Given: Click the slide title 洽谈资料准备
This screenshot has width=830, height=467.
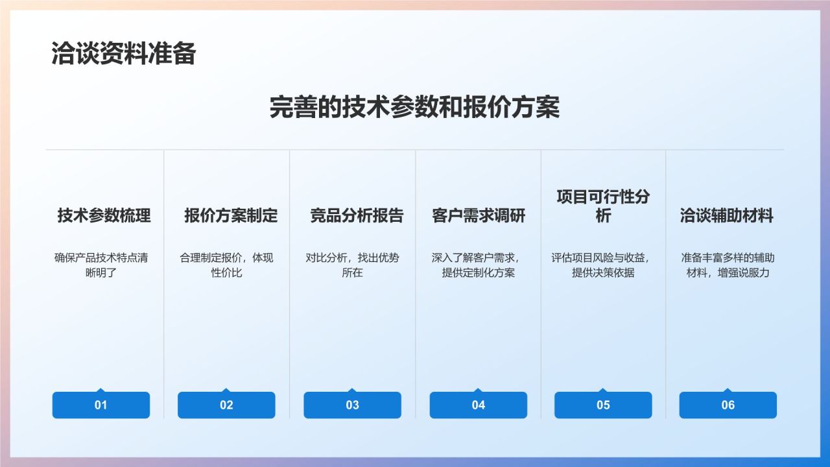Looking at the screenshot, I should pos(123,54).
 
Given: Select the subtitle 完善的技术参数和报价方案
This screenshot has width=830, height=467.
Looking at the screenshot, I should pos(414,108).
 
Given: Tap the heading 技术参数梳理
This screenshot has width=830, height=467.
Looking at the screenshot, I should pos(104,215).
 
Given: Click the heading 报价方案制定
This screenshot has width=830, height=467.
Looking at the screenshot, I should pos(230,215).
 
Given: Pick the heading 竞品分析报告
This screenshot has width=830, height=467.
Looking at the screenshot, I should pos(356,215).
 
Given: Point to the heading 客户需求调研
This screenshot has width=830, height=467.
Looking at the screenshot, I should pos(479,215).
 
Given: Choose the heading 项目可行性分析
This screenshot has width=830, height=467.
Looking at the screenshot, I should pos(602,206).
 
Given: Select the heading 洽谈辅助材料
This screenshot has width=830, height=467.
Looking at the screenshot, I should pos(726,215).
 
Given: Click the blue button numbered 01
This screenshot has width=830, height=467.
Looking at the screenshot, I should pos(101,405).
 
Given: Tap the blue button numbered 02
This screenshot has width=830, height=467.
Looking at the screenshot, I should pos(226,405).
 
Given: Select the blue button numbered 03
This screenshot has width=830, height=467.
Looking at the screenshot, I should pos(352,405).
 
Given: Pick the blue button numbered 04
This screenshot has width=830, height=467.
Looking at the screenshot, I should pos(478,405).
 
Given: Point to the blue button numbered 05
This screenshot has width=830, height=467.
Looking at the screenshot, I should pos(603,405).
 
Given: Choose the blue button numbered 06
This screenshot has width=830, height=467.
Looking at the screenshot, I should pos(728,405).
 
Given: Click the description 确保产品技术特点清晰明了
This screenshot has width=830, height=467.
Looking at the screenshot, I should pos(101,265).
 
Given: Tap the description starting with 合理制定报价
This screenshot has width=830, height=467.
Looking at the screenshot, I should pos(226,265).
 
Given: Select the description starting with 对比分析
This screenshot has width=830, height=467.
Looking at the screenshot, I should pos(352,265).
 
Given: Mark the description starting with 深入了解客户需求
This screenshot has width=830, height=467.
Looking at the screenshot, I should pos(478,265).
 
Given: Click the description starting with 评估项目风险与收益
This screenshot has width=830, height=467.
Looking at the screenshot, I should pos(603,265).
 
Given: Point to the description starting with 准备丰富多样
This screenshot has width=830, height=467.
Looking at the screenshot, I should pos(728,265).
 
